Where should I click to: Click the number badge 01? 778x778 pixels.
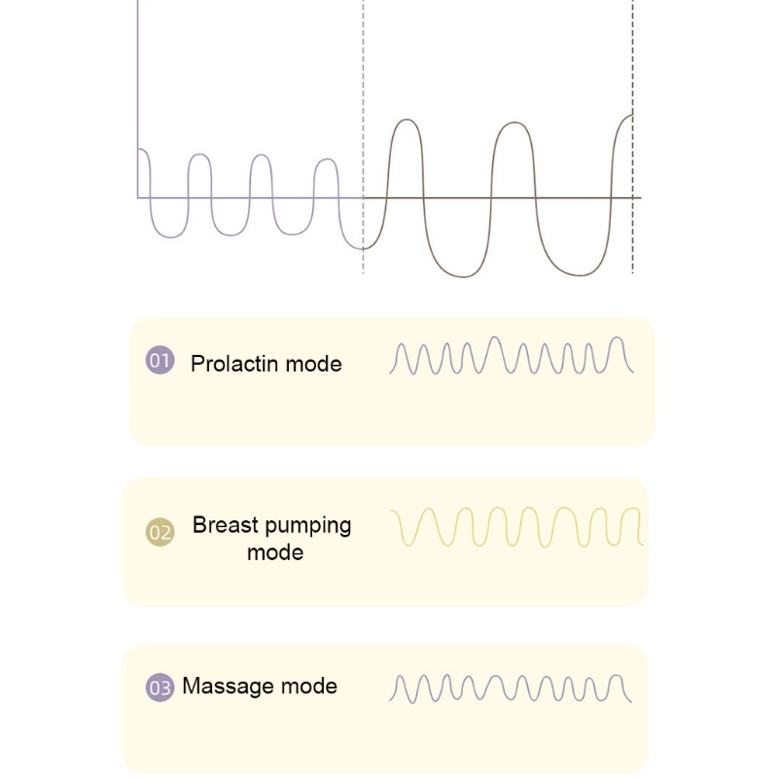(160, 363)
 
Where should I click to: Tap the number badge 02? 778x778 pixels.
(160, 532)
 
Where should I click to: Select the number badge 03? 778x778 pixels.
(160, 688)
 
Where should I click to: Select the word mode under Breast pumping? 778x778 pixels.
(275, 552)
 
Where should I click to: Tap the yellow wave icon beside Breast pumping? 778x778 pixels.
(516, 527)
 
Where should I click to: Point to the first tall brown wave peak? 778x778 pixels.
(406, 121)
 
